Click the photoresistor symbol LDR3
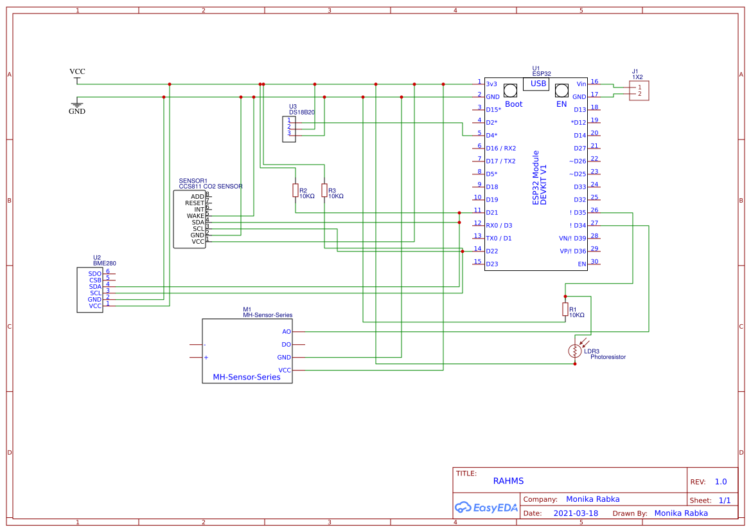[574, 351]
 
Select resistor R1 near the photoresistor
[565, 309]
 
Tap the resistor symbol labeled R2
[296, 190]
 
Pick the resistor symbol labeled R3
[324, 190]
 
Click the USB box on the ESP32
[538, 84]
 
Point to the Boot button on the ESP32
[511, 90]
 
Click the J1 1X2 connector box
[639, 91]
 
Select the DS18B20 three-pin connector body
[289, 129]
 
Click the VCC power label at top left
[77, 72]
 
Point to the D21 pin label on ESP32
[492, 213]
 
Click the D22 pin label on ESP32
[492, 252]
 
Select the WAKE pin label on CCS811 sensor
[195, 216]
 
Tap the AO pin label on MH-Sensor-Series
[287, 332]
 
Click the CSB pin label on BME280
[95, 280]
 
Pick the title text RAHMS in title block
[508, 481]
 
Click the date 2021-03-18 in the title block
[576, 513]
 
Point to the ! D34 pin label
[578, 226]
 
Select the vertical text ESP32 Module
[536, 178]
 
